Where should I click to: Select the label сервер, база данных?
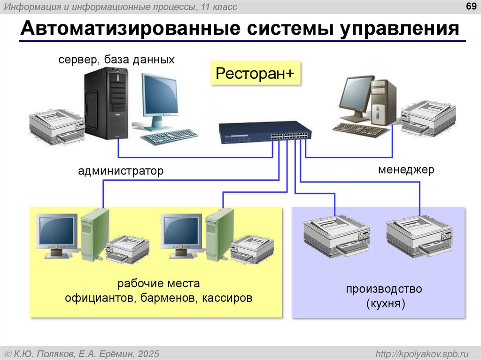tap(116, 60)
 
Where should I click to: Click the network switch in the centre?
tap(264, 132)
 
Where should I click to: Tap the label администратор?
tap(121, 171)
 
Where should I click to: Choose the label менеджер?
tap(406, 169)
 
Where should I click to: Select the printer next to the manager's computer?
tap(429, 118)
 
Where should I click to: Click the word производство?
tap(384, 289)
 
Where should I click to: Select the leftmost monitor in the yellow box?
tap(57, 232)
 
